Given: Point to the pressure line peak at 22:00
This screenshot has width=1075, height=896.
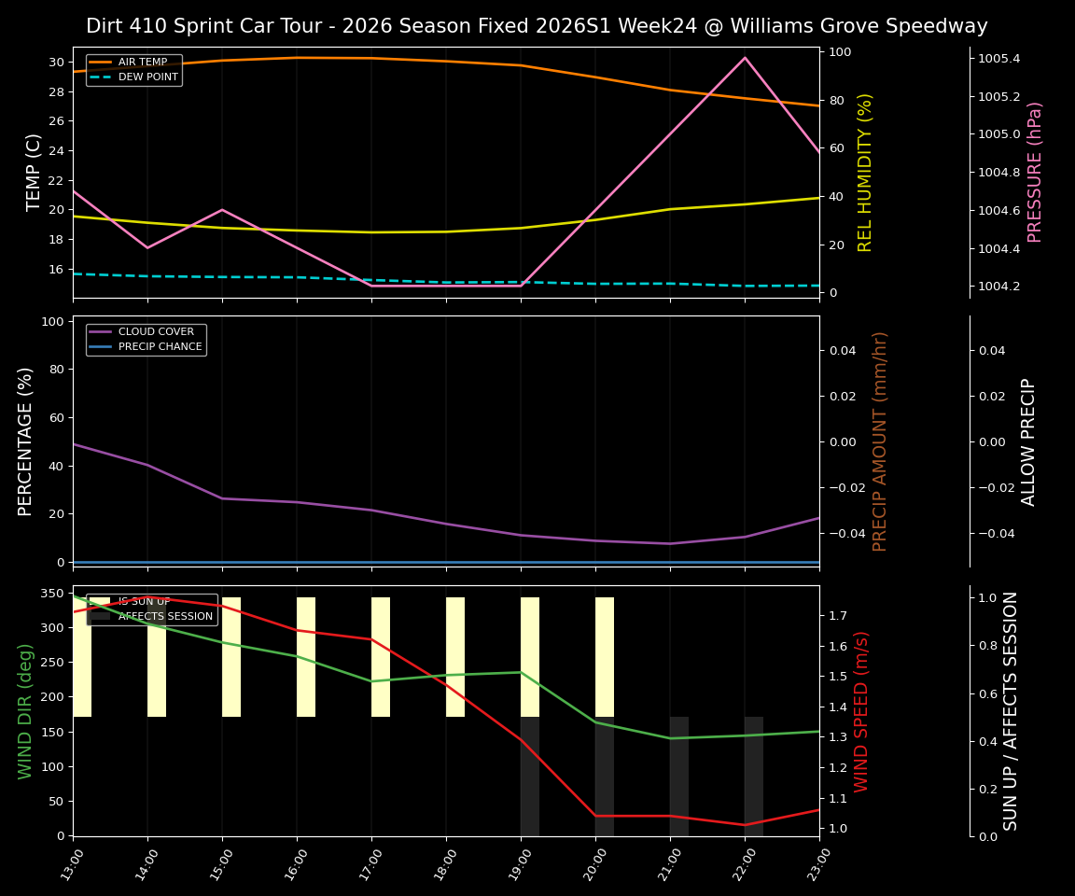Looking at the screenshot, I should point(745,58).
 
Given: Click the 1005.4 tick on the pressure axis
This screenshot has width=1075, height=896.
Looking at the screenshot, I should point(998,59).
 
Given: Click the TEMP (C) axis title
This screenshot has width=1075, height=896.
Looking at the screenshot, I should point(34,172).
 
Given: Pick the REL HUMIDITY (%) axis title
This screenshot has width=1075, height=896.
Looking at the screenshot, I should point(865,172).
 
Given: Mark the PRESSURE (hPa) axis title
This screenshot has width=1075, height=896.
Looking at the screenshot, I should point(1035,172).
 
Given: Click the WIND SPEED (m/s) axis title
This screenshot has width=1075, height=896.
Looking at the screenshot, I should point(861,711).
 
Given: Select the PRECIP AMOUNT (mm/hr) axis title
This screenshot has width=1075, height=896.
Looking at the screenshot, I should point(880,441).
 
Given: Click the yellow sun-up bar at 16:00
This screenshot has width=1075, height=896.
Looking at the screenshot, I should point(306,657).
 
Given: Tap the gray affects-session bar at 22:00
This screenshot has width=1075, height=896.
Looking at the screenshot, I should point(754,776).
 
